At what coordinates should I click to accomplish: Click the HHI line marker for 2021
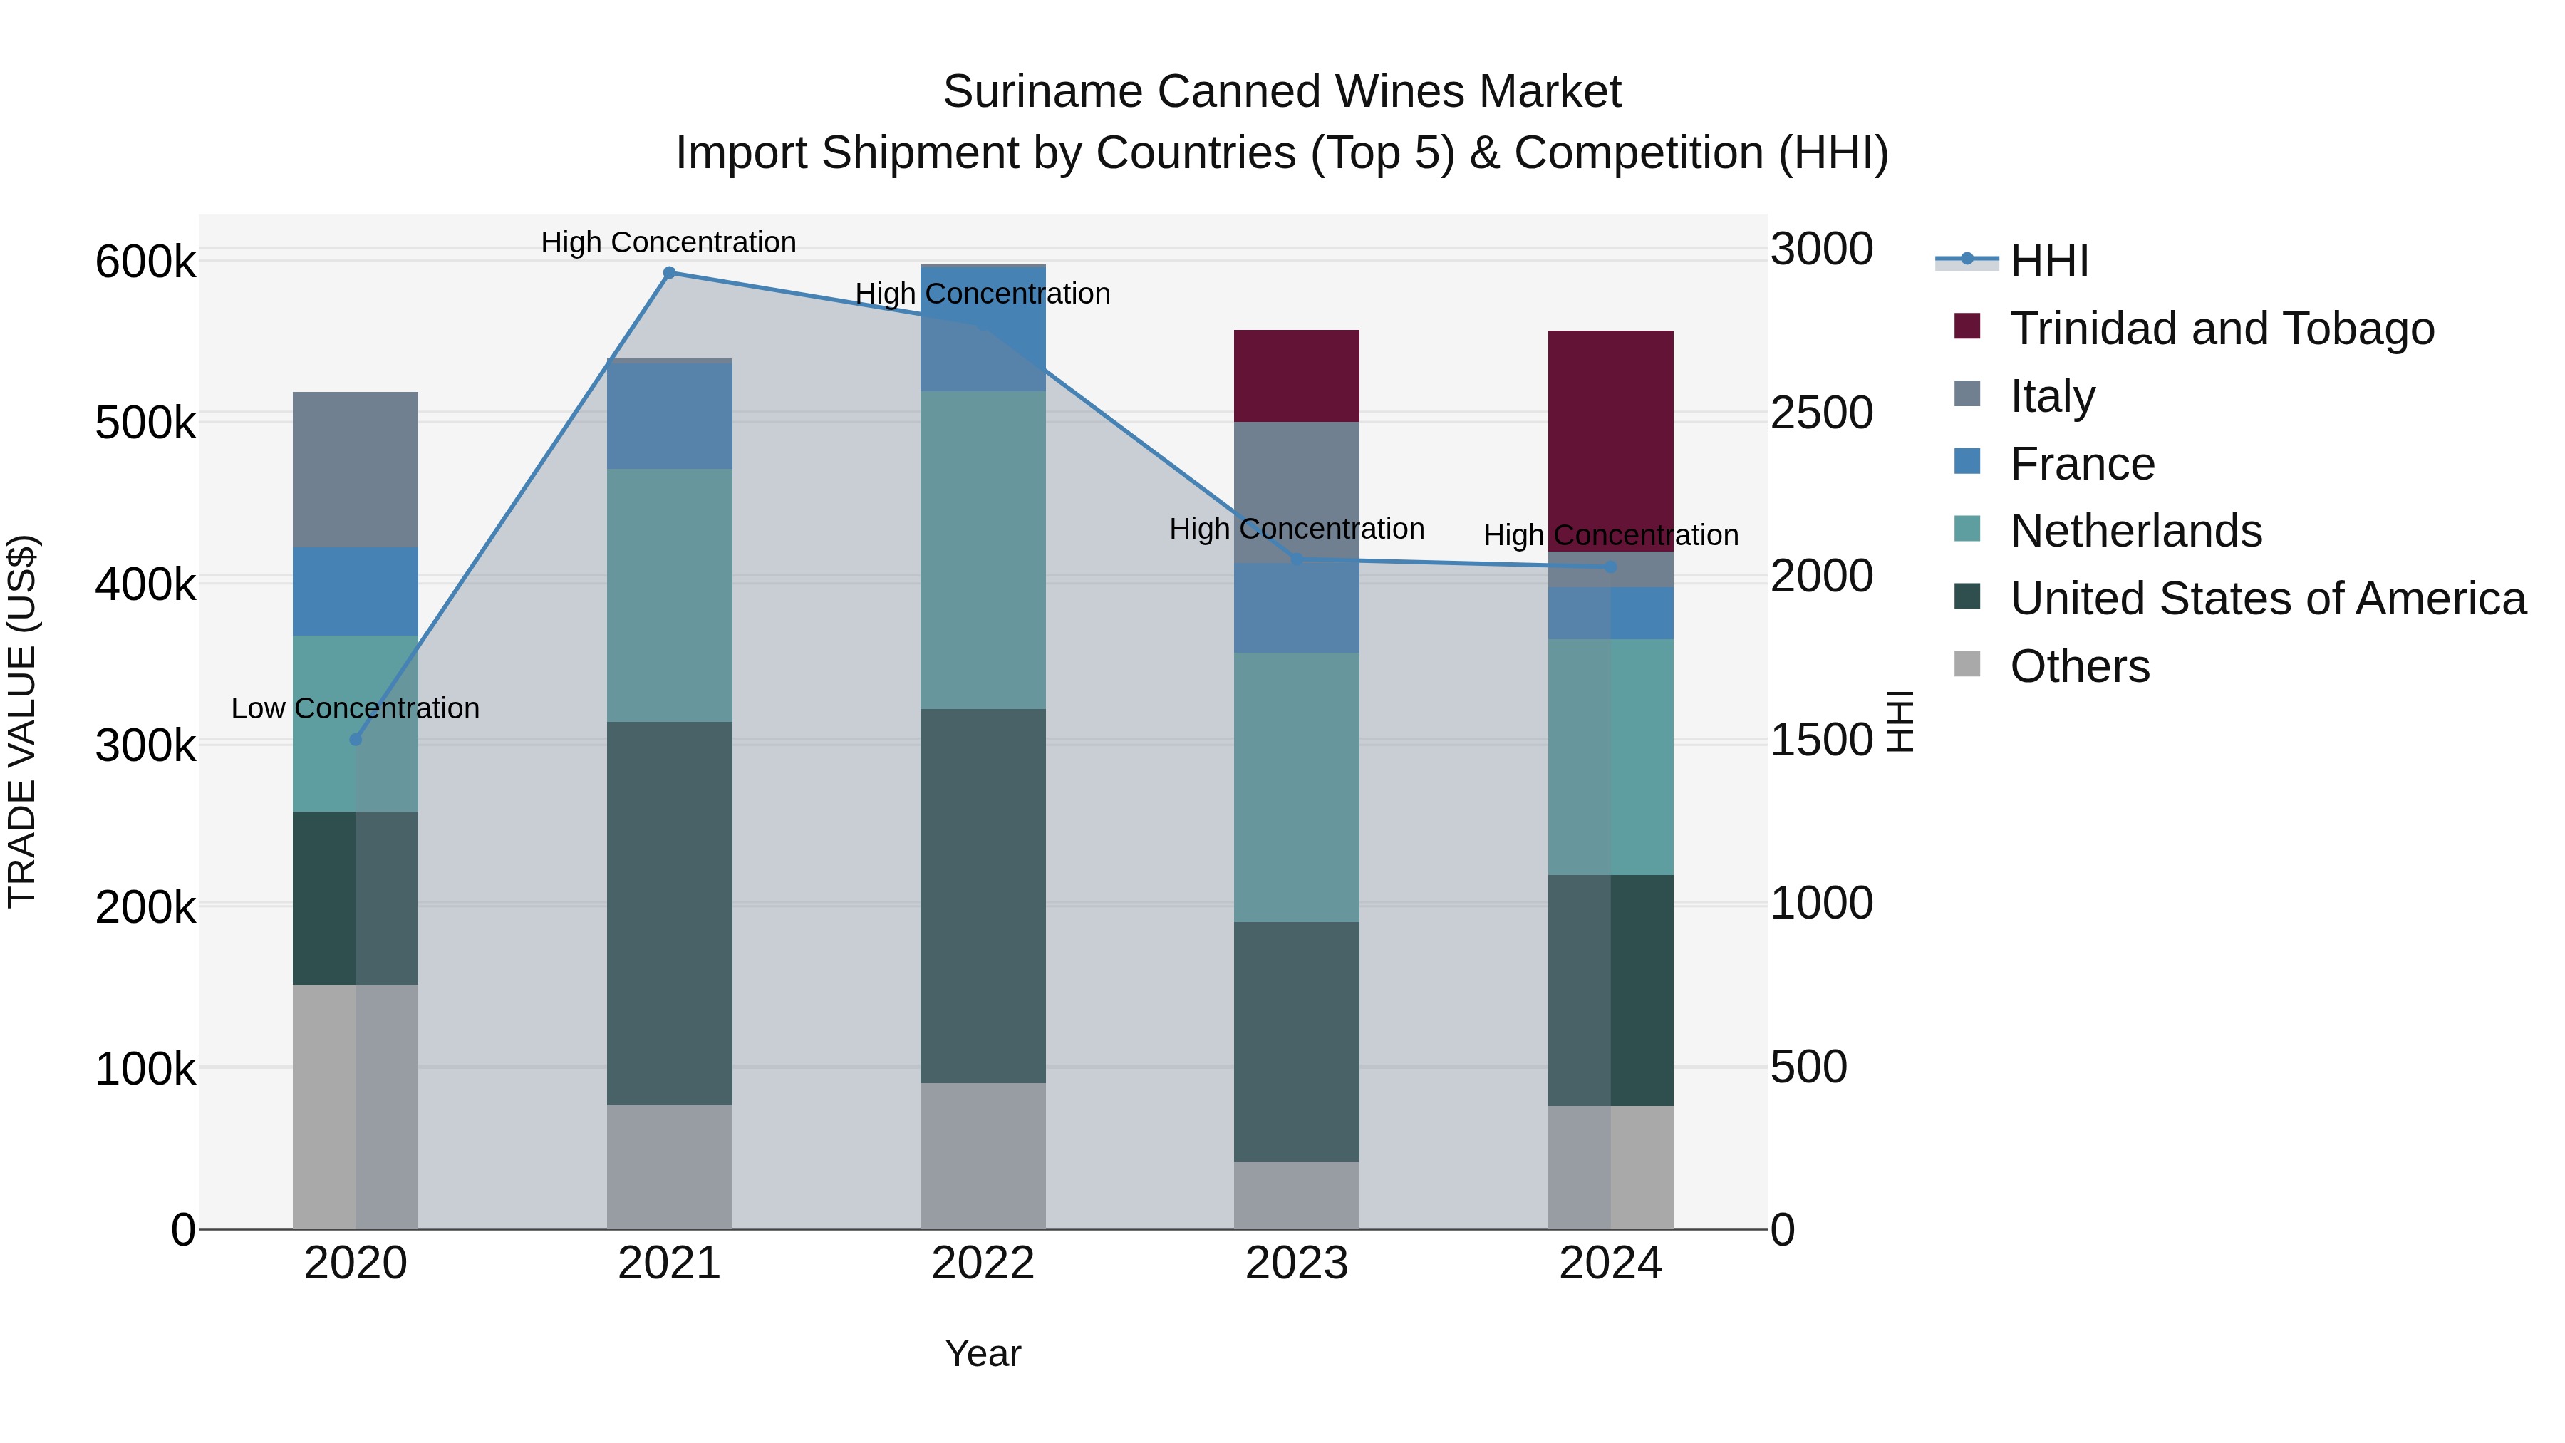[x=669, y=273]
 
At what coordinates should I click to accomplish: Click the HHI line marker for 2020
[x=356, y=739]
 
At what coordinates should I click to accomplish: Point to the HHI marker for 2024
[x=1610, y=567]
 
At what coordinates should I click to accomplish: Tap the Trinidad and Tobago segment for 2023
[x=1297, y=376]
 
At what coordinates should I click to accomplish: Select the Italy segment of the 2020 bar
[x=356, y=469]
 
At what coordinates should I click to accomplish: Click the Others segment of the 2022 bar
[x=983, y=1155]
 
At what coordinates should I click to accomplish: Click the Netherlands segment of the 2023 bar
[x=1297, y=787]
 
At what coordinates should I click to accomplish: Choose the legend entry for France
[x=2081, y=464]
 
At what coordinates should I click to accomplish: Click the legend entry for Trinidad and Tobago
[x=2220, y=329]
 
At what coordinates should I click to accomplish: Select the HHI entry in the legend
[x=2049, y=261]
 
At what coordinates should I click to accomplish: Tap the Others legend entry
[x=2079, y=666]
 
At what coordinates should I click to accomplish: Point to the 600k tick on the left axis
[x=145, y=263]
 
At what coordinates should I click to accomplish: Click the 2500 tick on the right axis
[x=1821, y=413]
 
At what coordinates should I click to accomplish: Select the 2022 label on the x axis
[x=983, y=1263]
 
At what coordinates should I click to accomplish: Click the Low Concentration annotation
[x=356, y=708]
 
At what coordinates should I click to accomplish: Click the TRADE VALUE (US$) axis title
[x=22, y=721]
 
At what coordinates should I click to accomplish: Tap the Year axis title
[x=983, y=1353]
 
